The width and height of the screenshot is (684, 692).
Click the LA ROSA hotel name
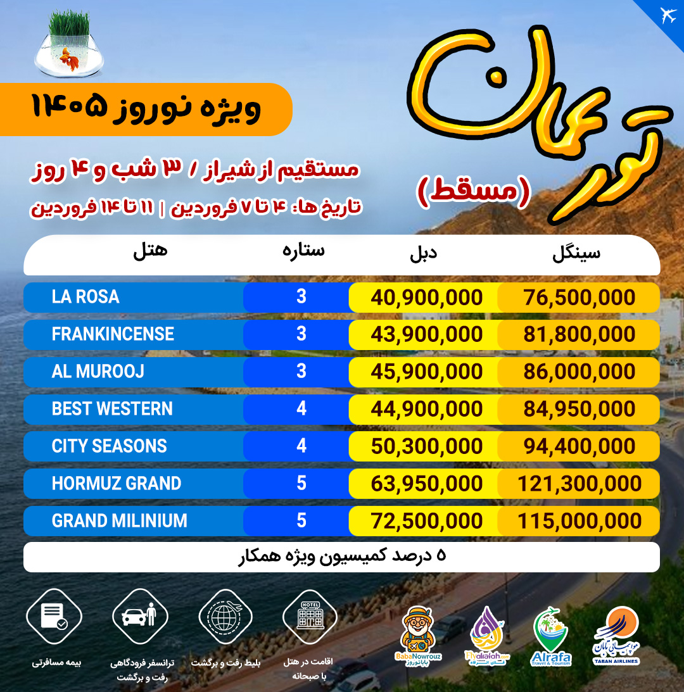coord(85,297)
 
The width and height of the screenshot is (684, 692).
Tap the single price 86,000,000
coord(579,372)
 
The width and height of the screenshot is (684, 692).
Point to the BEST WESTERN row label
coord(112,409)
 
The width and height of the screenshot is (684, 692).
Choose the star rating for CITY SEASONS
coord(301,446)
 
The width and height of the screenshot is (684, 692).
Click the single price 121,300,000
coord(579,484)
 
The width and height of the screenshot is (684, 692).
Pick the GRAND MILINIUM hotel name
coord(119,521)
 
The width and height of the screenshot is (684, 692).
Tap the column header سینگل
coord(576,253)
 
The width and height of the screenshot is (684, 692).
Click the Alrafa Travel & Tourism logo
coord(550,636)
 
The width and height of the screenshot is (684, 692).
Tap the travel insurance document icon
coord(53,615)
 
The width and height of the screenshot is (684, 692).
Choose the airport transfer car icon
coord(139,615)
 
